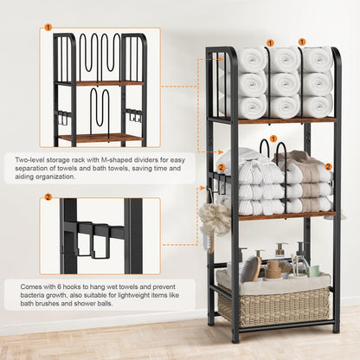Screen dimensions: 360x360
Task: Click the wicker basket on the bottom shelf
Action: [x=273, y=305]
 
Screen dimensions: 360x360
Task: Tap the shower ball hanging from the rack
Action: [x=215, y=220]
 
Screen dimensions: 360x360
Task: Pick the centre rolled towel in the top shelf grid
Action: [x=285, y=84]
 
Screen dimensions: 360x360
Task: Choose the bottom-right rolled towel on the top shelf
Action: [x=317, y=106]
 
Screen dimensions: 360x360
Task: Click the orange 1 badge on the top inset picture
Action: [x=48, y=28]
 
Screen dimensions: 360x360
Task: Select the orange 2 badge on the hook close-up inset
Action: [x=48, y=197]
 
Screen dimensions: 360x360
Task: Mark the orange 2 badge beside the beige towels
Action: [x=328, y=166]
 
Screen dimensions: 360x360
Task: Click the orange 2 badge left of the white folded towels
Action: [x=221, y=167]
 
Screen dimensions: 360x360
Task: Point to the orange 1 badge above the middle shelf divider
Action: [x=273, y=138]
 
